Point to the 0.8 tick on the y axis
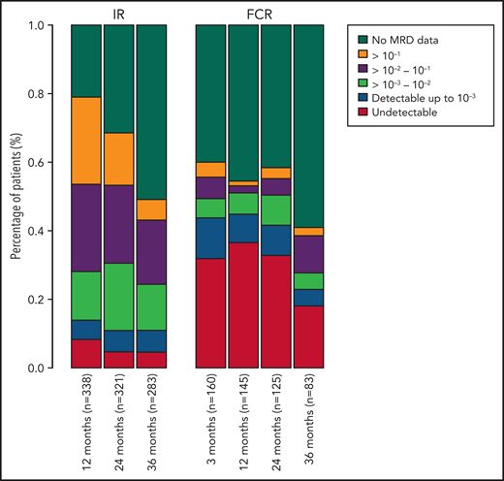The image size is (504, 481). tap(60, 94)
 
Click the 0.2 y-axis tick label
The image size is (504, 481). tap(47, 300)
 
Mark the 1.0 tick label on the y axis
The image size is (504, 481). tap(47, 25)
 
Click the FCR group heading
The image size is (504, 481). tap(259, 12)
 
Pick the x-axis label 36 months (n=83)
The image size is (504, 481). tap(307, 424)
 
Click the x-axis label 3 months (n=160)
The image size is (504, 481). tap(211, 424)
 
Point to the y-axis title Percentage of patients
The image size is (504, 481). tap(16, 198)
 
